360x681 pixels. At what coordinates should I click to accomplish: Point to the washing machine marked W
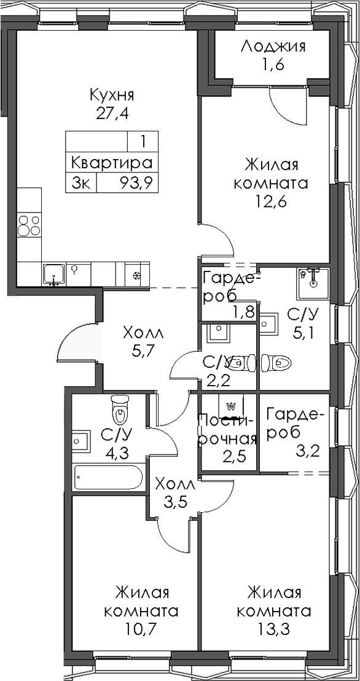pyautogui.click(x=232, y=406)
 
